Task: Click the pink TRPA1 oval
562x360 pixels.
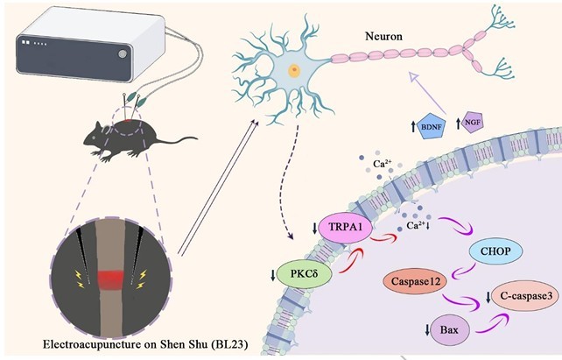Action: [x=345, y=228]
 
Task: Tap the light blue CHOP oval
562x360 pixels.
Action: [x=495, y=251]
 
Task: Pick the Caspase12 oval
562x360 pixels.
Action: [x=416, y=281]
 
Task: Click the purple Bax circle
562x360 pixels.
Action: [x=450, y=329]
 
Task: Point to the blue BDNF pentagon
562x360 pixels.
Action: [x=432, y=126]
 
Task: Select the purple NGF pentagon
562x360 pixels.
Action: [x=473, y=123]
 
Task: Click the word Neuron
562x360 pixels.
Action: [x=383, y=36]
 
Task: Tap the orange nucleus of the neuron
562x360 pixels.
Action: [x=294, y=70]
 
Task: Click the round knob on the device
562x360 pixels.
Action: [x=123, y=53]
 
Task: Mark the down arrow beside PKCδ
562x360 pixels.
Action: [x=273, y=275]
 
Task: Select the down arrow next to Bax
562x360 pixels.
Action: [x=427, y=330]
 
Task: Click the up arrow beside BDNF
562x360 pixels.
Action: [x=413, y=126]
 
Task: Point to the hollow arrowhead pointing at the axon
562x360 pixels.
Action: [x=413, y=76]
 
